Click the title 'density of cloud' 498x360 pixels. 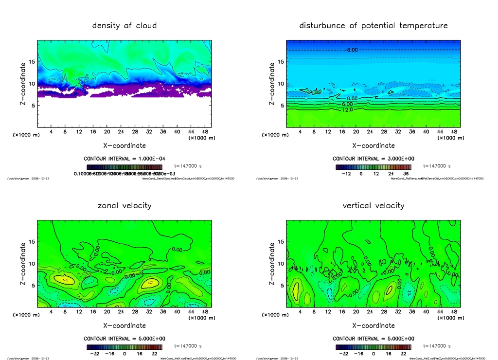124,25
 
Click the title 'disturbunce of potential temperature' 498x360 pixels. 373,25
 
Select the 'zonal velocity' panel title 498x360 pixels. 124,206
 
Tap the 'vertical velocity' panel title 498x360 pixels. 373,206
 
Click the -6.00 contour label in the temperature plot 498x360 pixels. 351,50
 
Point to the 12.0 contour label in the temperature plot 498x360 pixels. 347,110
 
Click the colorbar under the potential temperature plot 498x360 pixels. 373,167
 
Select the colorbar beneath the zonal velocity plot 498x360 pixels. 124,347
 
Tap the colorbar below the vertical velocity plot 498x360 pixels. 373,347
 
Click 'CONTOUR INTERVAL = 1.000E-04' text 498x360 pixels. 124,159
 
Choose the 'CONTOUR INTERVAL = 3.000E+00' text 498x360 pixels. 373,159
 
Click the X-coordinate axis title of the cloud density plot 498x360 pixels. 124,145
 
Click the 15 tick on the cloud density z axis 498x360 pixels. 32,62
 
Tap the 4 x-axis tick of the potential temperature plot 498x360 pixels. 300,132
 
